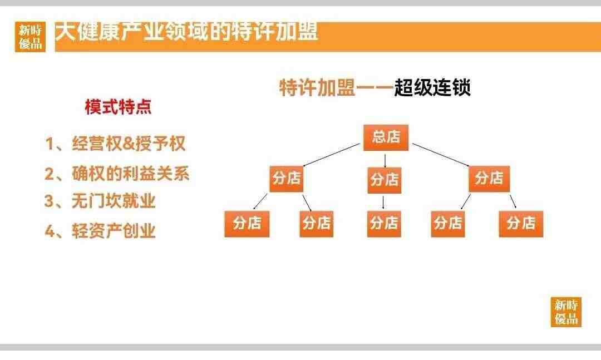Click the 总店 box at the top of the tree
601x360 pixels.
(x=386, y=137)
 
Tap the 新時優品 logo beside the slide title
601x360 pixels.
(x=30, y=37)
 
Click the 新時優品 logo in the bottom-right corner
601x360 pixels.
(x=566, y=312)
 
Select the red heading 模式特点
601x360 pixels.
(x=118, y=107)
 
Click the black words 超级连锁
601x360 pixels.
(x=432, y=87)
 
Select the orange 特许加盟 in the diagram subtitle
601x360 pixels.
(x=317, y=87)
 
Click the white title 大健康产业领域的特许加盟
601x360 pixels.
(x=186, y=32)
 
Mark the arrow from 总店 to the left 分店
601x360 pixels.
(x=332, y=155)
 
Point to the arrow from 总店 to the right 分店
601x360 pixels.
(x=441, y=155)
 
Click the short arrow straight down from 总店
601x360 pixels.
(x=385, y=161)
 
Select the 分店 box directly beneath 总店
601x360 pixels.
(x=385, y=180)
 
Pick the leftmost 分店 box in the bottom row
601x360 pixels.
(x=247, y=224)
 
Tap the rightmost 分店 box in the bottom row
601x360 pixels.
(x=521, y=224)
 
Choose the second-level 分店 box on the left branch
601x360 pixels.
(x=287, y=179)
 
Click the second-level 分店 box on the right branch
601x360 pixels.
(x=489, y=179)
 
